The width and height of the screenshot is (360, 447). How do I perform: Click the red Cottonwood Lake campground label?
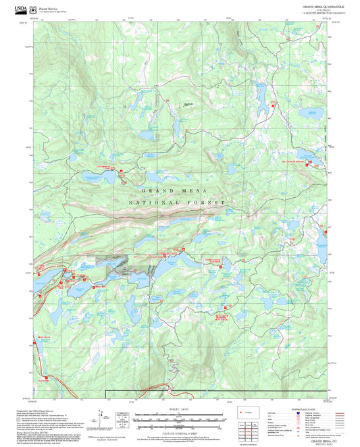[101, 166]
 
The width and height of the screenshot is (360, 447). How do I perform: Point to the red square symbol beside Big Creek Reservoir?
[310, 162]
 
